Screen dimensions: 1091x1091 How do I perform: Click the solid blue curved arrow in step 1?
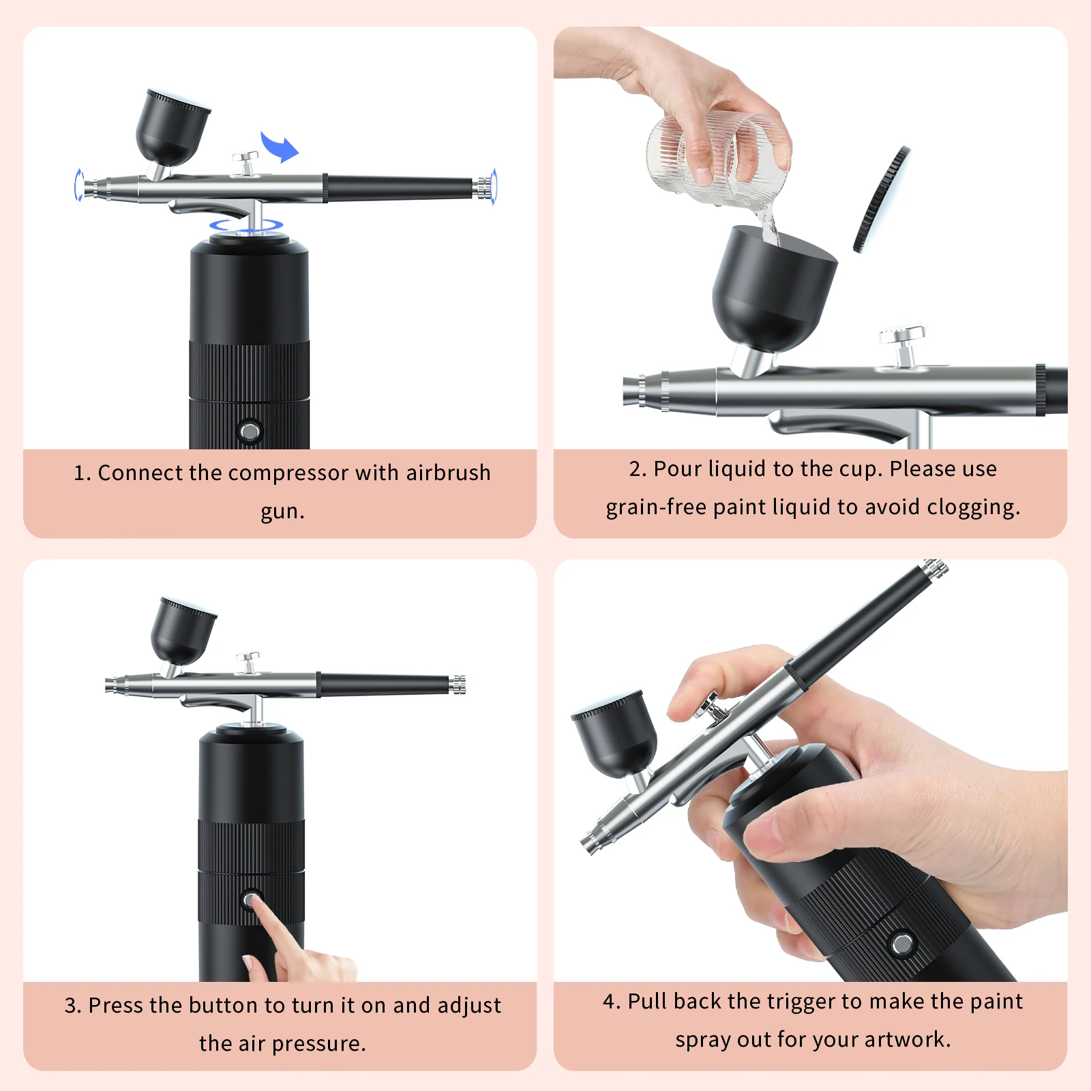(280, 147)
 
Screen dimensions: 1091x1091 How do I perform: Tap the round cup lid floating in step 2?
(881, 199)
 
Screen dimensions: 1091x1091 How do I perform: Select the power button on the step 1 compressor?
(250, 431)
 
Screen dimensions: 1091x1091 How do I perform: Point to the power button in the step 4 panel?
(902, 944)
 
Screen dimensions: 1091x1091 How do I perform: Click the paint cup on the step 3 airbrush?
(181, 631)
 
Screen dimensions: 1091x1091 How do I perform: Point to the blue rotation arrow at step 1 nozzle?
(78, 185)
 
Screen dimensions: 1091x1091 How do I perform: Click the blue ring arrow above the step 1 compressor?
(246, 225)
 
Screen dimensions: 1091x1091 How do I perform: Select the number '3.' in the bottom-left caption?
(73, 1005)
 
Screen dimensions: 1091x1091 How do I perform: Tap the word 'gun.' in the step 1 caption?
(282, 511)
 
